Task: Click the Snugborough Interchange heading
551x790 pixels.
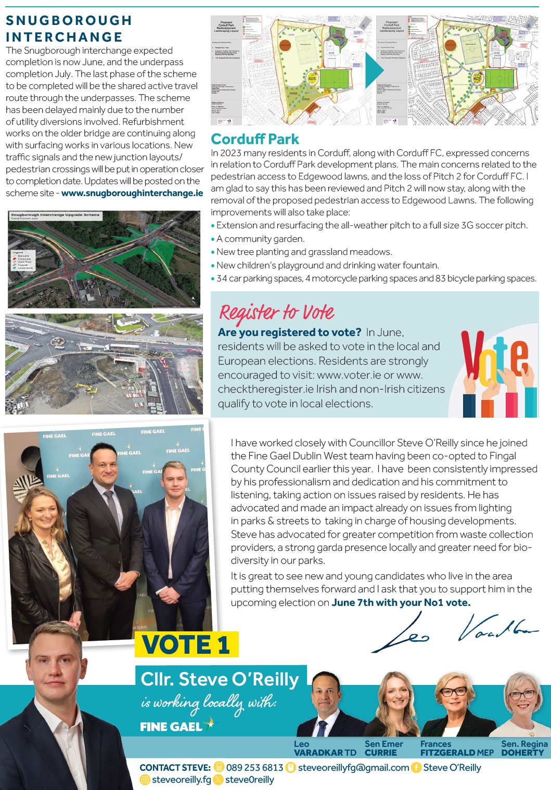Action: pos(69,29)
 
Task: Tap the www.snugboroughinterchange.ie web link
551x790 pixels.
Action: pos(132,193)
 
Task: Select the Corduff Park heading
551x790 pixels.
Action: pos(254,139)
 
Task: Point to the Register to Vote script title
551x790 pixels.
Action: pos(276,313)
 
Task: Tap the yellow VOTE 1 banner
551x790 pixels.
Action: pos(186,645)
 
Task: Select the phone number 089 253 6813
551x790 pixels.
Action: pos(254,768)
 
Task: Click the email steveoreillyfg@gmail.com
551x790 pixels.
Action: pos(353,768)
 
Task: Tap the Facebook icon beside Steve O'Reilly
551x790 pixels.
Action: pos(416,768)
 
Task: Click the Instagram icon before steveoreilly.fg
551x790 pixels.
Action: pos(145,780)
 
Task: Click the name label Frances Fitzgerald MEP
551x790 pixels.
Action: pos(457,748)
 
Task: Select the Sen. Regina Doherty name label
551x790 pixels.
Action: pos(524,748)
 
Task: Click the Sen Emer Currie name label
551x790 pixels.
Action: pos(383,748)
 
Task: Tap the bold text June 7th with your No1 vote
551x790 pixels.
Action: pos(401,603)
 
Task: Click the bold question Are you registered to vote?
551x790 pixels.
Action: pos(289,332)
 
